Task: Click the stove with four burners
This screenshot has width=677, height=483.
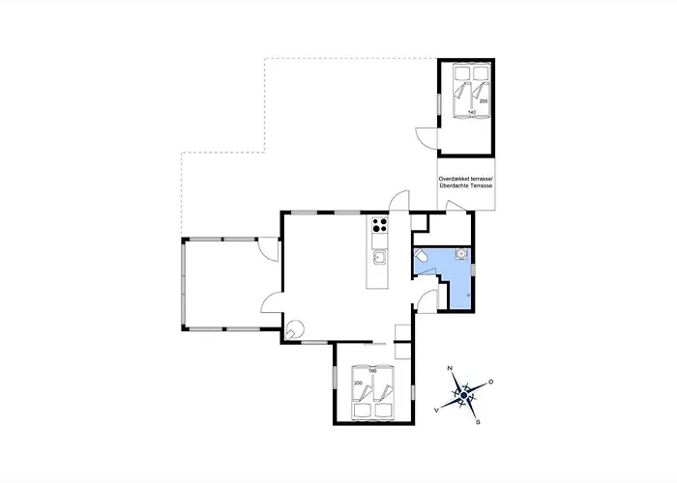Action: click(x=378, y=232)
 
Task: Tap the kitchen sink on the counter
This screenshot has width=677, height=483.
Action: click(x=378, y=257)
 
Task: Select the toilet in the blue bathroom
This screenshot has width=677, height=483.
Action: click(x=422, y=256)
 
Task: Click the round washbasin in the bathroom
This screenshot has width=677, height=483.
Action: click(x=462, y=254)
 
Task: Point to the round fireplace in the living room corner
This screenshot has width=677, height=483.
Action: click(x=296, y=328)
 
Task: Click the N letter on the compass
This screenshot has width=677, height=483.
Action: click(x=450, y=370)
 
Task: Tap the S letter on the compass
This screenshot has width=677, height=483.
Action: click(x=478, y=421)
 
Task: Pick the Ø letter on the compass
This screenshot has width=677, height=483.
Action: click(x=491, y=383)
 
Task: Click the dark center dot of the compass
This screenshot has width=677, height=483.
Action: click(x=463, y=396)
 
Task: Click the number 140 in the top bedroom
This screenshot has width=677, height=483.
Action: click(x=472, y=112)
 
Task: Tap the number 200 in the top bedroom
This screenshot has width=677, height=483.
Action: click(x=483, y=99)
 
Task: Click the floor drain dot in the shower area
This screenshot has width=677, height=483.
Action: click(x=468, y=293)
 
